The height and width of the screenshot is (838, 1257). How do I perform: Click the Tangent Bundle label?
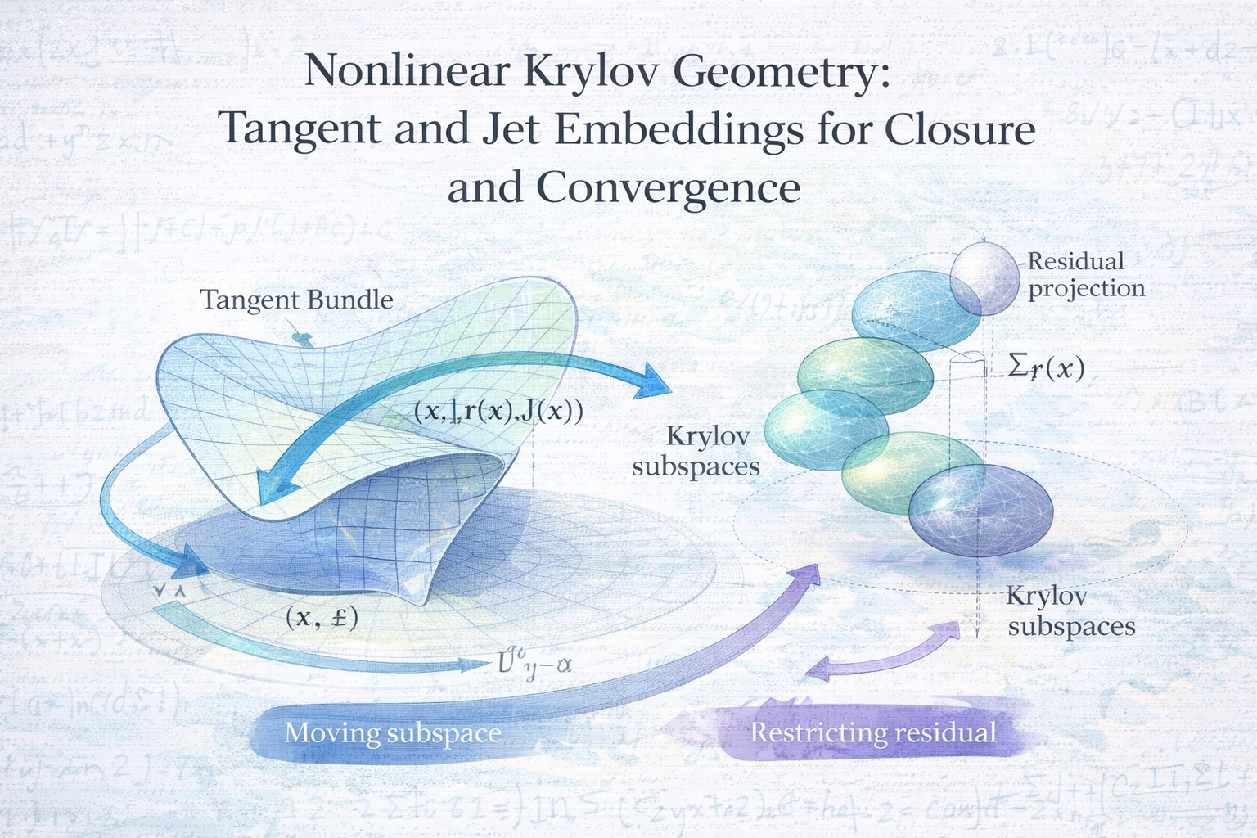pos(296,300)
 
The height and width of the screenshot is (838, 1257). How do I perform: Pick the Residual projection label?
pos(1086,274)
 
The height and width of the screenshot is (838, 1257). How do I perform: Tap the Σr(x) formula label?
pos(1046,368)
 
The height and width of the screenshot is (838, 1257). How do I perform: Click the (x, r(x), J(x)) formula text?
pos(498,411)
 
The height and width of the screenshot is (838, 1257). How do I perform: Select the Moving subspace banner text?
pos(393,732)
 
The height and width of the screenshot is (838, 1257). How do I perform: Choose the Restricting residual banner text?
pos(873,732)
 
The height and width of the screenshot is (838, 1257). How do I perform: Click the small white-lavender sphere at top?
pos(984,278)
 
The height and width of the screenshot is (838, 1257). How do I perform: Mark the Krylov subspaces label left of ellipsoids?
pos(697,451)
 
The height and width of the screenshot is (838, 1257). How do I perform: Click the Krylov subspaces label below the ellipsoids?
pos(1070,610)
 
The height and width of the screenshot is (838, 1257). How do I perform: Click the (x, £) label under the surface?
pos(322,618)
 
